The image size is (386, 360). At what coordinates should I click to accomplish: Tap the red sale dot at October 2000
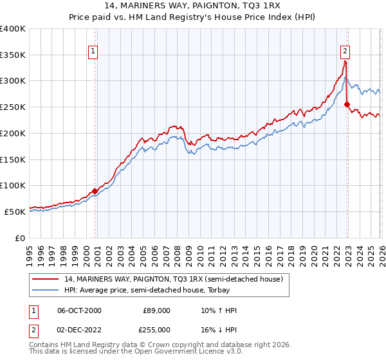point(95,191)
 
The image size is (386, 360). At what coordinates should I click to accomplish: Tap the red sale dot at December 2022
point(347,104)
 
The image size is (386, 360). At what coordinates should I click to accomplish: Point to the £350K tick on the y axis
point(13,55)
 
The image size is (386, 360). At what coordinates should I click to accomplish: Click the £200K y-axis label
point(13,133)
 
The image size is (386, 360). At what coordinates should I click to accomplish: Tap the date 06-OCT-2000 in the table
point(79,310)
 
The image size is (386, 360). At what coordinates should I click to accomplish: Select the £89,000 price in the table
point(156,310)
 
